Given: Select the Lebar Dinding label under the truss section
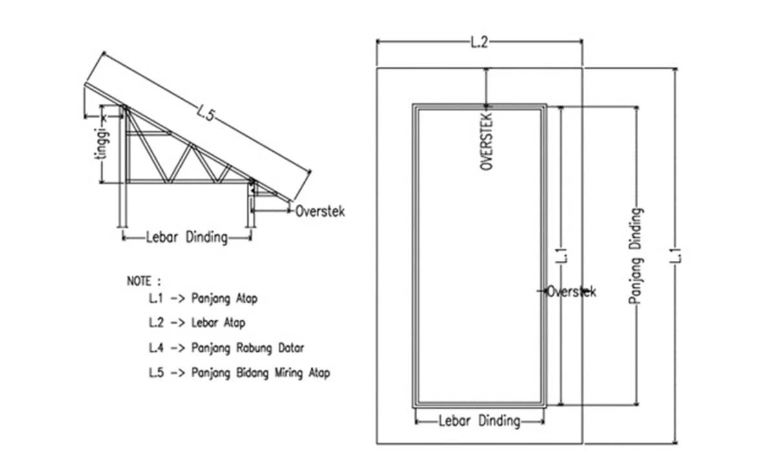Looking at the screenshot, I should (187, 238).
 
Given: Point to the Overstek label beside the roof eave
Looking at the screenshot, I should (320, 211).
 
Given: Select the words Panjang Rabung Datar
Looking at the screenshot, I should (247, 348).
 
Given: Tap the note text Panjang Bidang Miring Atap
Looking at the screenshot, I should (260, 373).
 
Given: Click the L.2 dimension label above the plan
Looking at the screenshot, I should (480, 43).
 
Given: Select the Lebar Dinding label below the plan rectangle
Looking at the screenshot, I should (479, 422).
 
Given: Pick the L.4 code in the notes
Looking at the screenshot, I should (156, 348).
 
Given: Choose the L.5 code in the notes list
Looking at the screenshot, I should (156, 373).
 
